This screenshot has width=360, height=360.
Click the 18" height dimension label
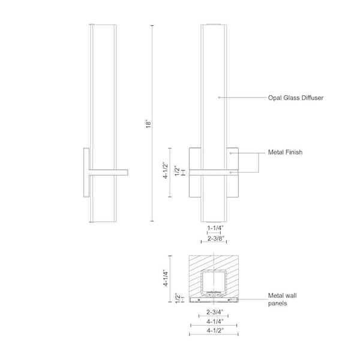148,124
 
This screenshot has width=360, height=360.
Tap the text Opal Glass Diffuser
295,98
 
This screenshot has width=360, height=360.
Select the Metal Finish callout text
285,152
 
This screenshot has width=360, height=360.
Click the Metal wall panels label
282,299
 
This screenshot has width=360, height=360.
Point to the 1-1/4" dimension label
215,228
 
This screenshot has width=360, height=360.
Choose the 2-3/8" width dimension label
215,238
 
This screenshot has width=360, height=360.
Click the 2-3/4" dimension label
215,312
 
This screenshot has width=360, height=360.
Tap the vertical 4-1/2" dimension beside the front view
166,170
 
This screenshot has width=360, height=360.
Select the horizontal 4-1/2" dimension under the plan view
215,331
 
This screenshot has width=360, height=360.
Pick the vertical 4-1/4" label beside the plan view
166,278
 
